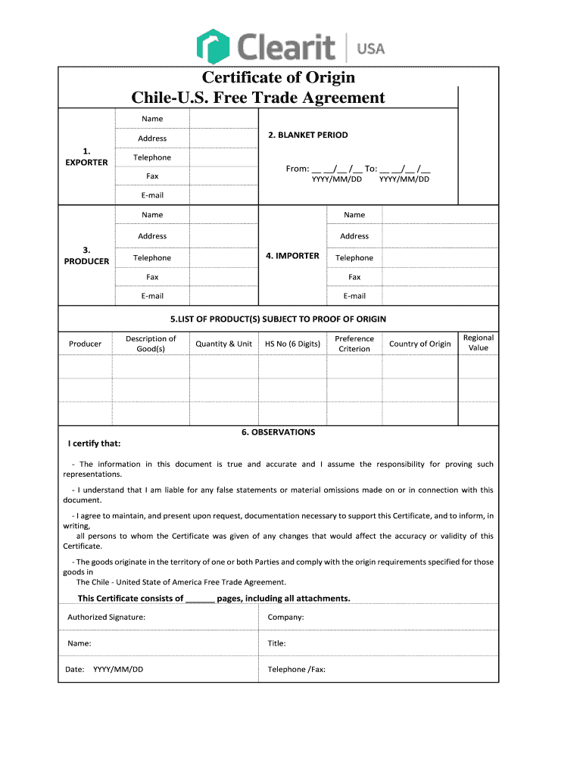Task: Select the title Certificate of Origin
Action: [x=278, y=77]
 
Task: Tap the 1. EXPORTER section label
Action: [x=86, y=157]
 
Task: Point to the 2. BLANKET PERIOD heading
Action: [x=307, y=135]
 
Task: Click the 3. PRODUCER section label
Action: [x=86, y=255]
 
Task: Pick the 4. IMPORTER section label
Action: [x=292, y=256]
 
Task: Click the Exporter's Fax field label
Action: [x=152, y=176]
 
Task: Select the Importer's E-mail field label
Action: [x=354, y=296]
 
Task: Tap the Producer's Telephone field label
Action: [x=152, y=258]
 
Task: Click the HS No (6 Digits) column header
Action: [x=292, y=344]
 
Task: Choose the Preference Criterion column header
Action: [x=354, y=344]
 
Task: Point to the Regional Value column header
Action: [x=479, y=343]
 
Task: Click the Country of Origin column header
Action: [x=419, y=344]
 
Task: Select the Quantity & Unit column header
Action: [x=223, y=344]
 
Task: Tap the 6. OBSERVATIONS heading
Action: [x=278, y=432]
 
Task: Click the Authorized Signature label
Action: [x=106, y=617]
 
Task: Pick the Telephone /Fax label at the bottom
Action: [x=297, y=669]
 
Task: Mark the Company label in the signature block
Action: [x=285, y=617]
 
